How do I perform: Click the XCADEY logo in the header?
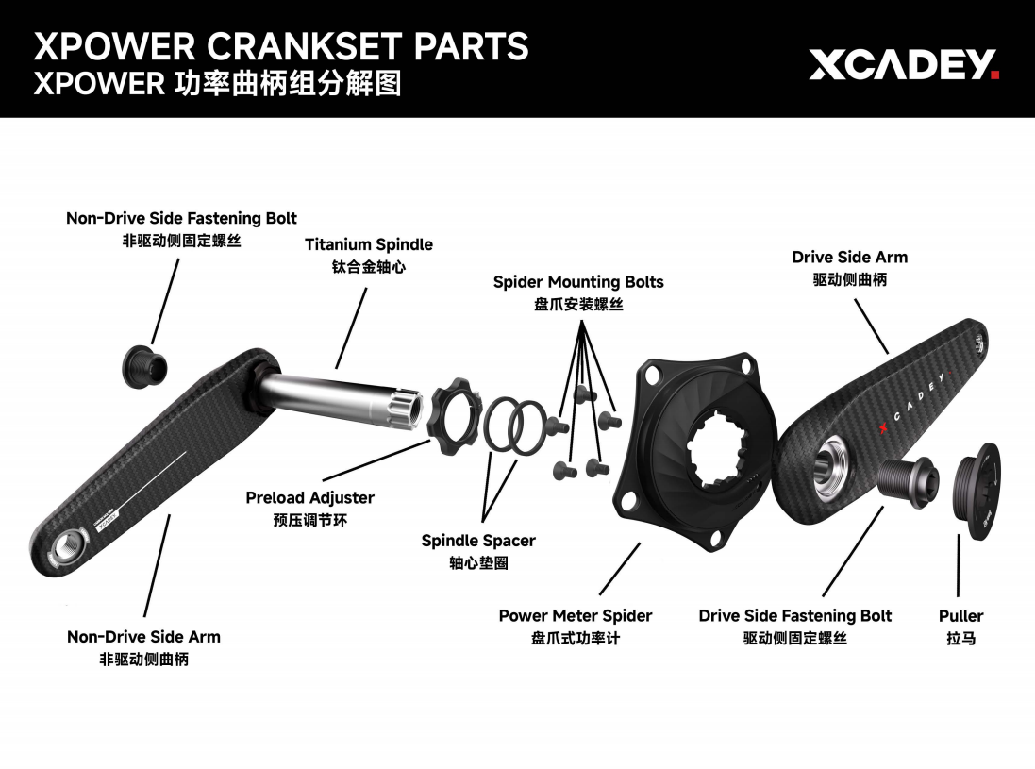pyautogui.click(x=902, y=65)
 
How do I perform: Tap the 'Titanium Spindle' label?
pyautogui.click(x=368, y=245)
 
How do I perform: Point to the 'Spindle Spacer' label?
pyautogui.click(x=477, y=542)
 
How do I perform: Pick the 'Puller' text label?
pyautogui.click(x=960, y=616)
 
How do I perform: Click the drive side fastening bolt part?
pyautogui.click(x=909, y=476)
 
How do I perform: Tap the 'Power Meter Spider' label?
pyautogui.click(x=575, y=616)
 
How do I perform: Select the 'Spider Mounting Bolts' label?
pyautogui.click(x=577, y=282)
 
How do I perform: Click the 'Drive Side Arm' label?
pyautogui.click(x=849, y=258)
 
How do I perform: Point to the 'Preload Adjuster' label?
pyautogui.click(x=309, y=498)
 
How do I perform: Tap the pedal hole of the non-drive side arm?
pyautogui.click(x=72, y=544)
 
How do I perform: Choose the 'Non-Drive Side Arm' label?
pyautogui.click(x=143, y=637)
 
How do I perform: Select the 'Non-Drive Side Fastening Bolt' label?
pyautogui.click(x=181, y=219)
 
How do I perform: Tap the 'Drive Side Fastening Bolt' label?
pyautogui.click(x=794, y=616)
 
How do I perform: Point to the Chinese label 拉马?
pyautogui.click(x=960, y=639)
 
